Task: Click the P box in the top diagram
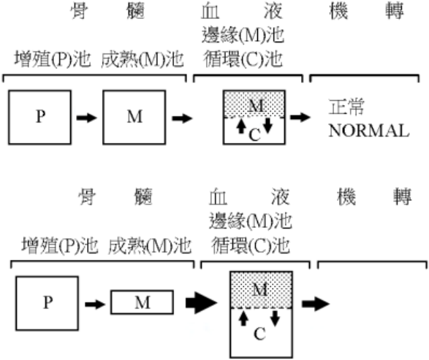point(40,118)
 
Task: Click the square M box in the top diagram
point(134,118)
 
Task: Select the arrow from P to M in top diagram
point(87,118)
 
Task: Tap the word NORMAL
point(369,131)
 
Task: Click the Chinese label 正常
point(346,107)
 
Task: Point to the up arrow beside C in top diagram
point(240,126)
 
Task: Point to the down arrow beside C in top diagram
point(268,126)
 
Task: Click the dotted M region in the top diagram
point(254,104)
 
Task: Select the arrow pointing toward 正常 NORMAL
point(300,118)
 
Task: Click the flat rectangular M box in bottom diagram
point(142,302)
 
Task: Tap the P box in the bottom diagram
point(48,304)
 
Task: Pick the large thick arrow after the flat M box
point(202,303)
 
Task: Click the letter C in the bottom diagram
point(259,334)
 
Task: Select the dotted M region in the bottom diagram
point(262,290)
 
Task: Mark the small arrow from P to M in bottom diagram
point(95,305)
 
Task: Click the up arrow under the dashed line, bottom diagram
point(243,318)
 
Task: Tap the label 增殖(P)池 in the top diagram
point(53,59)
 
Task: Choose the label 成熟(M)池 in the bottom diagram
point(150,246)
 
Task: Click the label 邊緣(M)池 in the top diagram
point(243,35)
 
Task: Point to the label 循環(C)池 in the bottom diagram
point(251,245)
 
